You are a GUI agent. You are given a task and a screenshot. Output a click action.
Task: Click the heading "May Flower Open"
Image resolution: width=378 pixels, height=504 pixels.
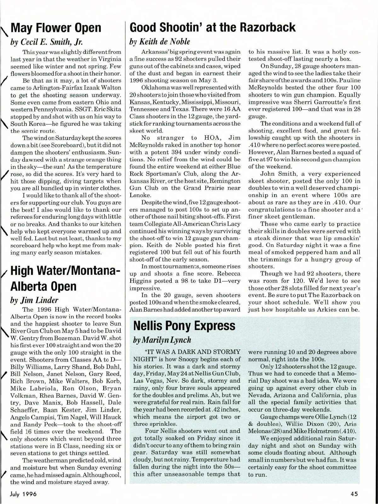pos(56,28)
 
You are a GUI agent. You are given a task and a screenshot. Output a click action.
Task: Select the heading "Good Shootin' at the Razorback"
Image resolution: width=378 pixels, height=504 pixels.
pos(213,27)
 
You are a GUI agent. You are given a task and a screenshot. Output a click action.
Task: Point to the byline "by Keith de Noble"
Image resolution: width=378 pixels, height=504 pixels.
pos(160,42)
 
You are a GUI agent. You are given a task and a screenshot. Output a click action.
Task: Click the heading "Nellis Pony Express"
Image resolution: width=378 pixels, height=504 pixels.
pos(184,326)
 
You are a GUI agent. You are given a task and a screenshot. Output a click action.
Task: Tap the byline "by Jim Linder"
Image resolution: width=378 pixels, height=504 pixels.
pos(34,300)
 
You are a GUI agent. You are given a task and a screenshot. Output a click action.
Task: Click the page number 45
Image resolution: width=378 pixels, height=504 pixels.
pos(354,494)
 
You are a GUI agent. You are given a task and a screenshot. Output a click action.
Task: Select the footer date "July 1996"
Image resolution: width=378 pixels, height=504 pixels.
pos(23,494)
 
